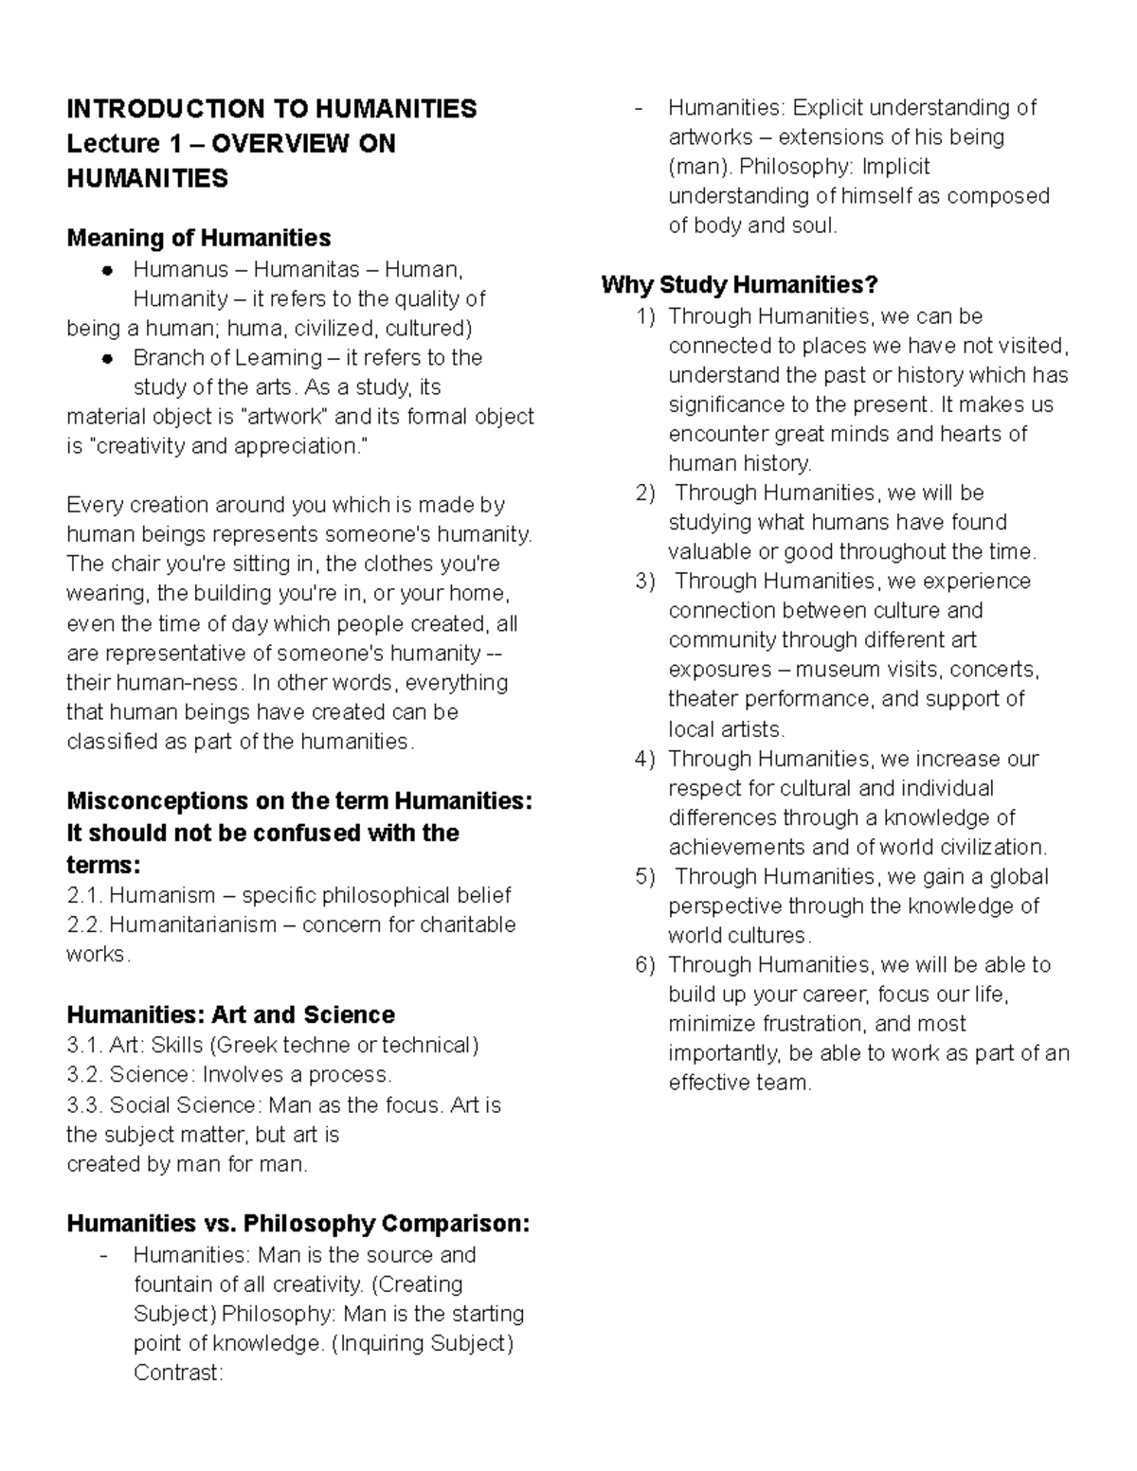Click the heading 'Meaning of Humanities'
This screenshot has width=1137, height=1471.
pos(198,238)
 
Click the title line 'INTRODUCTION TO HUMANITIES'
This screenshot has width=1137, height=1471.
pos(272,109)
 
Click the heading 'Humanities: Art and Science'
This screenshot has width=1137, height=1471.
pos(230,1015)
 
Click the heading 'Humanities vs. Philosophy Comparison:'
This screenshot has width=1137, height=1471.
pos(298,1224)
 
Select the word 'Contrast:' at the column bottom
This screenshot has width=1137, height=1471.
pos(178,1372)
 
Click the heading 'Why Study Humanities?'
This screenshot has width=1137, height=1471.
pos(739,284)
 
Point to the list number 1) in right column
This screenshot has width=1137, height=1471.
pos(645,316)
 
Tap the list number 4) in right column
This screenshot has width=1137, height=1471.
pos(645,760)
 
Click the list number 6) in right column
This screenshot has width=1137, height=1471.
pos(645,965)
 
